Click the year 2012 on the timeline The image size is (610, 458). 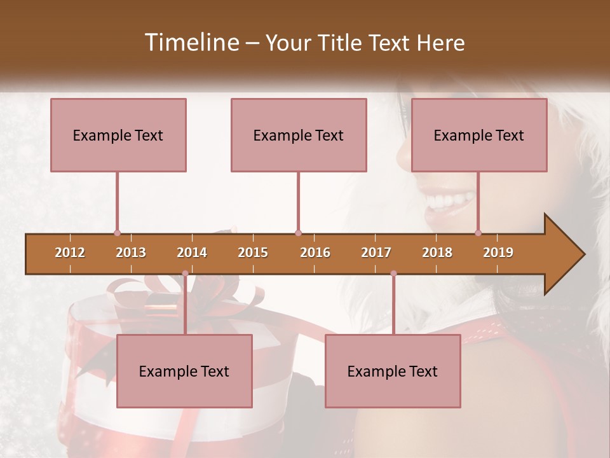tap(70, 253)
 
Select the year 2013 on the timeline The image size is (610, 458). tap(131, 253)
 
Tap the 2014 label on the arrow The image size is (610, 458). tap(192, 253)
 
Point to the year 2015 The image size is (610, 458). tap(253, 253)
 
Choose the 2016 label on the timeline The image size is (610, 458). tap(315, 253)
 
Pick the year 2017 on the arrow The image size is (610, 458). tap(376, 253)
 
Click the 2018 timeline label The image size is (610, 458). tap(437, 253)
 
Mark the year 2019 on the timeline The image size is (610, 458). tap(498, 253)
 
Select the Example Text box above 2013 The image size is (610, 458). tap(118, 135)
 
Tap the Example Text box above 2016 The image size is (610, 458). tap(299, 135)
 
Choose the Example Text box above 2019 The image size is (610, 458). tap(479, 135)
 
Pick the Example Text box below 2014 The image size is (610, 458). tap(184, 371)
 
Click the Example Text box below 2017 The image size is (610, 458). tap(393, 371)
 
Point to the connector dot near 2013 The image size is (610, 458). tap(117, 233)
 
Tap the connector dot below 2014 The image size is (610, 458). tap(185, 274)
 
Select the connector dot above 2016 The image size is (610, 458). tap(298, 233)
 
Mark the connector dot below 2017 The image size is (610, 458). tap(393, 274)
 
